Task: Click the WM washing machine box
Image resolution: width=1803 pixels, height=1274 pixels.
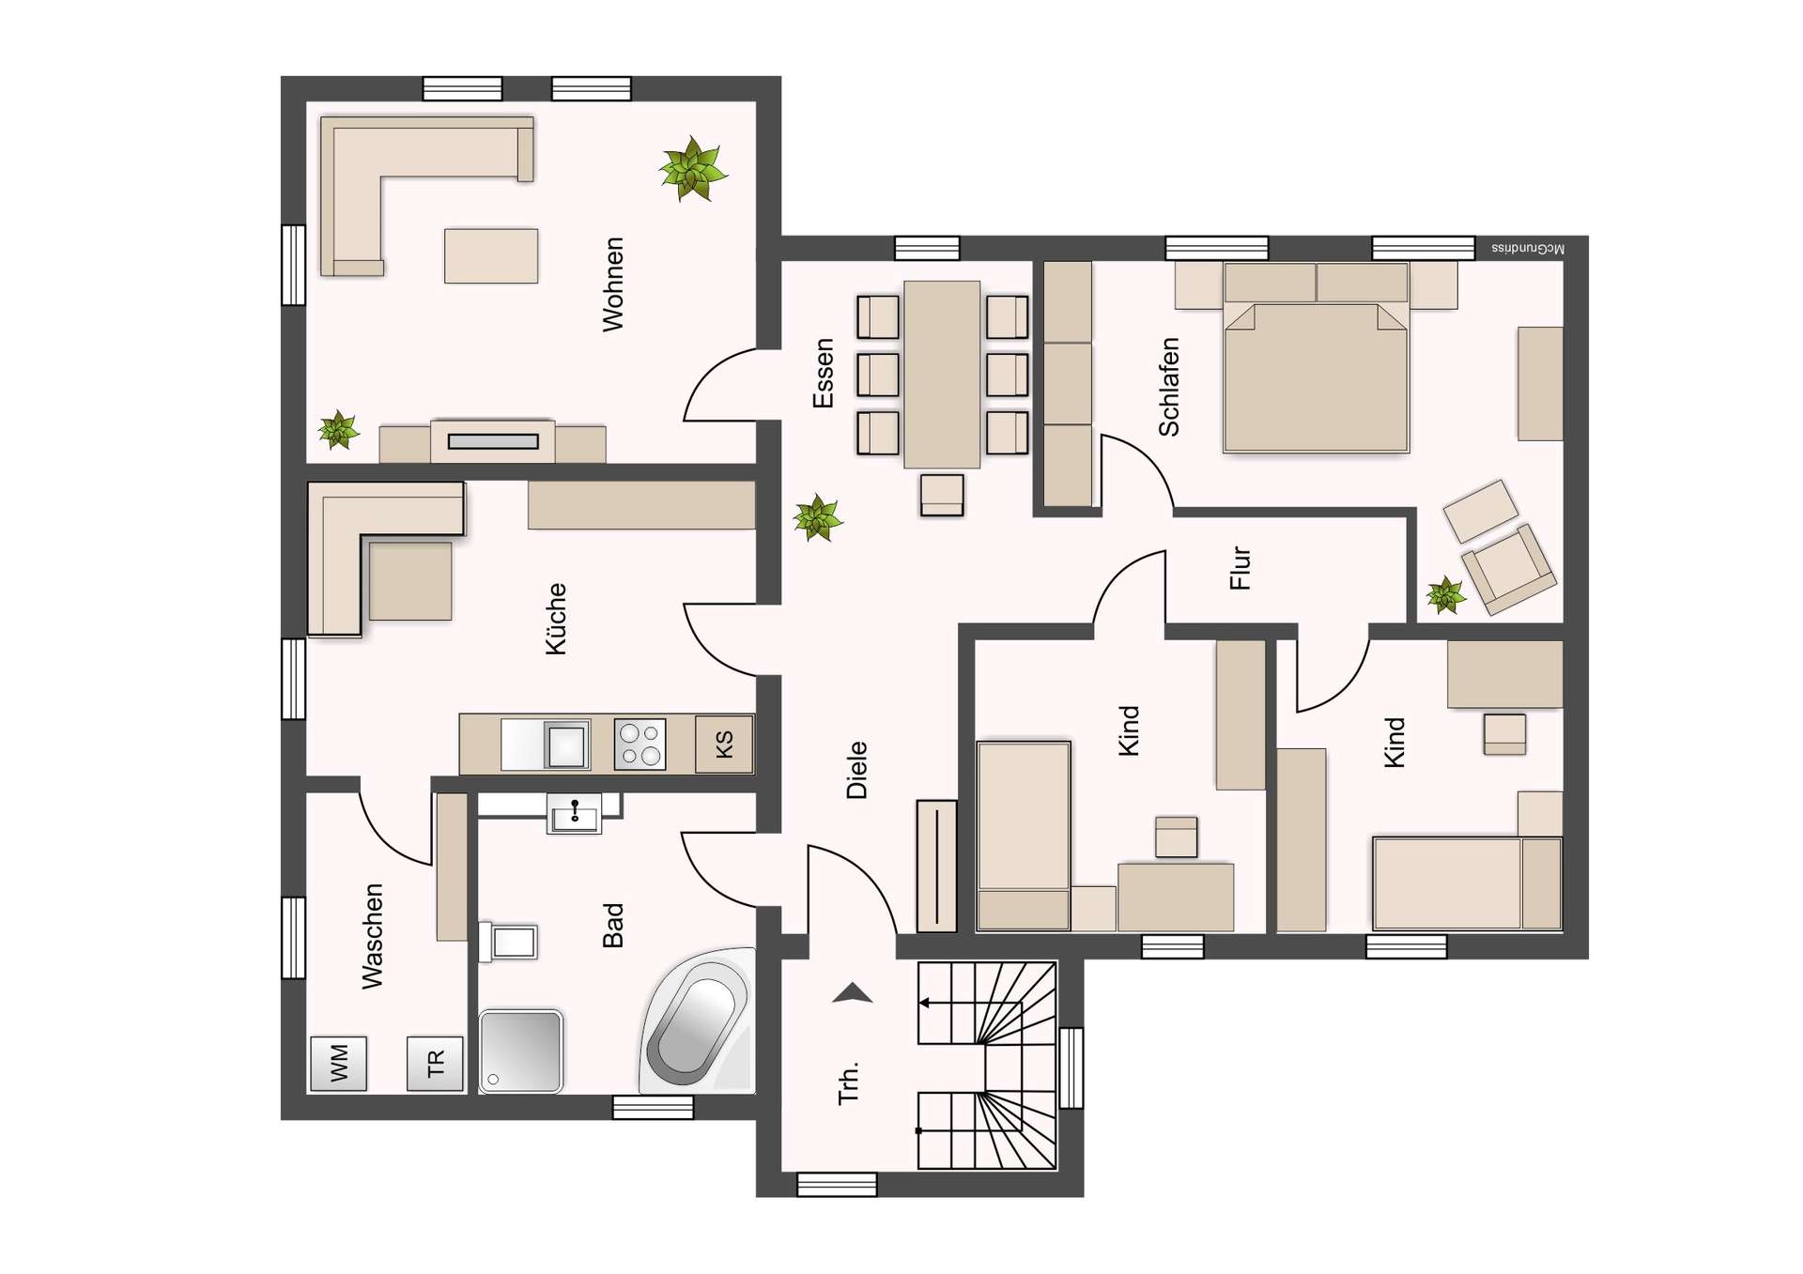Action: (x=338, y=1063)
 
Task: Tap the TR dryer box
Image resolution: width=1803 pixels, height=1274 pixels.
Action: (x=435, y=1064)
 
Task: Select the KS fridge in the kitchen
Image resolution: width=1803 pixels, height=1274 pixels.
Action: (x=724, y=744)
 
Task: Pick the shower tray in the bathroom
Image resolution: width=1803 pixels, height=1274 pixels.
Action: (x=521, y=1051)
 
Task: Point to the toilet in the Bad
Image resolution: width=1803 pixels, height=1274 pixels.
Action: (x=508, y=942)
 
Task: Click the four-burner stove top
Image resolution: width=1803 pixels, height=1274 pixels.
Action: (x=640, y=744)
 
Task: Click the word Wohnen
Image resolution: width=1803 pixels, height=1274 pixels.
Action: (x=613, y=284)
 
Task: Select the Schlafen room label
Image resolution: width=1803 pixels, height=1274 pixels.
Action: (x=1169, y=387)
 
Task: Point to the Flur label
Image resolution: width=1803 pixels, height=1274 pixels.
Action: (x=1241, y=568)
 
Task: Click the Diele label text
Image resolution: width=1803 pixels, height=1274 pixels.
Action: (x=856, y=770)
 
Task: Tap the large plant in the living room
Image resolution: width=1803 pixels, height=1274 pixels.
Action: (x=693, y=170)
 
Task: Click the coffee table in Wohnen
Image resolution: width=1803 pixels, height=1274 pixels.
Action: (x=491, y=255)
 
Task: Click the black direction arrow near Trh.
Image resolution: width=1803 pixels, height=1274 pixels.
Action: (x=853, y=993)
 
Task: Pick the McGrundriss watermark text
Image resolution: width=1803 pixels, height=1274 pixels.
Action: (x=1528, y=249)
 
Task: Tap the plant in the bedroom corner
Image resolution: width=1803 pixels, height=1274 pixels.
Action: (x=1445, y=595)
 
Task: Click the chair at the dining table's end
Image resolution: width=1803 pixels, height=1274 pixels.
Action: (x=942, y=495)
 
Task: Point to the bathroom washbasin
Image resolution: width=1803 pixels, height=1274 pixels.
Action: (x=574, y=814)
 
